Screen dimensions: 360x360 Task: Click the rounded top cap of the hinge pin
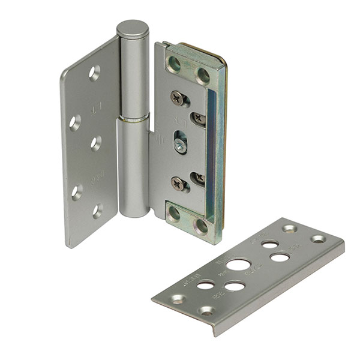tap(132, 28)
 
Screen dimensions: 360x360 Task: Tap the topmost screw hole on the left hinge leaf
tap(94, 73)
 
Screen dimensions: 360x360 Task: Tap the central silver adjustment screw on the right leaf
tap(180, 144)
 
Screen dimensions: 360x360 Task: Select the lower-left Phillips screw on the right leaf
tap(178, 184)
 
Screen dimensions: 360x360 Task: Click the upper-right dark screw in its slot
tap(199, 119)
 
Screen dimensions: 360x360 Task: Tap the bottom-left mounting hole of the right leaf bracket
tap(175, 214)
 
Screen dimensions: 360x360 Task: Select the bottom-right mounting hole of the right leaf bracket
tap(202, 226)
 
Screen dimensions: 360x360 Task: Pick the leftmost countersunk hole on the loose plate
tap(178, 299)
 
